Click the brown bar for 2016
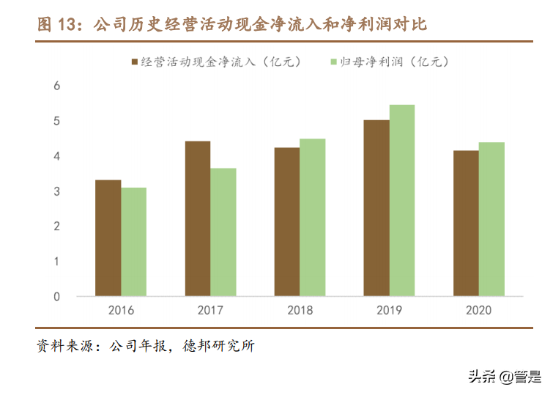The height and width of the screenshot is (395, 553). pyautogui.click(x=108, y=238)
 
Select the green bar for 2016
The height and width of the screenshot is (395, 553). pyautogui.click(x=134, y=242)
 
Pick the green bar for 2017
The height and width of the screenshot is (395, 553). pyautogui.click(x=223, y=232)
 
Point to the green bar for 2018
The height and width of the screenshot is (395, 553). pyautogui.click(x=313, y=218)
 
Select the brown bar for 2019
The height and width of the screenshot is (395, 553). pyautogui.click(x=376, y=208)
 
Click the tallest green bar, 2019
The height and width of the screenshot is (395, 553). pyautogui.click(x=402, y=201)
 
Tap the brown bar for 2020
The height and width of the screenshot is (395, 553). pyautogui.click(x=465, y=224)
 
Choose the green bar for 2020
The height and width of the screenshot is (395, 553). pyautogui.click(x=491, y=219)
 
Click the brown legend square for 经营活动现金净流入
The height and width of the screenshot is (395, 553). pyautogui.click(x=134, y=62)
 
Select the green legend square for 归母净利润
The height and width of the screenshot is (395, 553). pyautogui.click(x=334, y=62)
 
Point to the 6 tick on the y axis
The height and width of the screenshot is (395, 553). pyautogui.click(x=56, y=86)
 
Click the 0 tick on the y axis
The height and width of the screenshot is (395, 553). pyautogui.click(x=56, y=297)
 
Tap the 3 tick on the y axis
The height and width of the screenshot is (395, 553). pyautogui.click(x=56, y=192)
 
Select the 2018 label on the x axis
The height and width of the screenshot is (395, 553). pyautogui.click(x=300, y=310)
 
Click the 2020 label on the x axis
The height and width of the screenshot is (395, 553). pyautogui.click(x=478, y=310)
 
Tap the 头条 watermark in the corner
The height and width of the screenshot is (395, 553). pyautogui.click(x=482, y=377)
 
